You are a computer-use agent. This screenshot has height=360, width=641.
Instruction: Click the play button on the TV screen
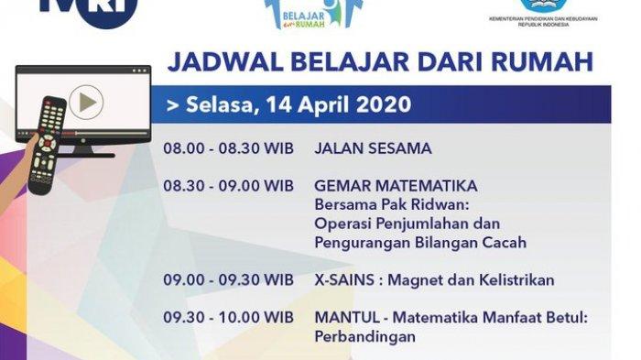pos(86,103)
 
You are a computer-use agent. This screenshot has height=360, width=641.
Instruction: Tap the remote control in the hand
pos(47,145)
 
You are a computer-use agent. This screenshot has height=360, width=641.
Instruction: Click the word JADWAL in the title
pos(225,62)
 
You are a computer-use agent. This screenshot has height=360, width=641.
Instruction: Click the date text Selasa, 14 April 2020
pos(288,104)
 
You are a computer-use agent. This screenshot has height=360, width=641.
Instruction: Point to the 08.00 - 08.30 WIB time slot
pos(229,148)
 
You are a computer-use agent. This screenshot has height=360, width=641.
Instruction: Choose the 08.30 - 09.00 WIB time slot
pos(229,186)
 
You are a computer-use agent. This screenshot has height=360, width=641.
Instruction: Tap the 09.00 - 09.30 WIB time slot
pos(229,279)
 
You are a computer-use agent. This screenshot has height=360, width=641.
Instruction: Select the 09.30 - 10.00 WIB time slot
pos(229,318)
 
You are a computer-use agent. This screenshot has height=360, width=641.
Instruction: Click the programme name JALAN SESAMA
pos(373,148)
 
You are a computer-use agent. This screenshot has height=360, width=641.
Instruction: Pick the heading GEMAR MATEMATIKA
pos(396,186)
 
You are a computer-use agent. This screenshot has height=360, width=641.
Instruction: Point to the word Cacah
pos(505,242)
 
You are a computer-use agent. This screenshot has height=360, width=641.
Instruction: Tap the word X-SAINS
pos(344,279)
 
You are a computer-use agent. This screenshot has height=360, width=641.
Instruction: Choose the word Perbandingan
pos(365,337)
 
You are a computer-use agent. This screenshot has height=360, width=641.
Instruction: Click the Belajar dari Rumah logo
pos(313,15)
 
